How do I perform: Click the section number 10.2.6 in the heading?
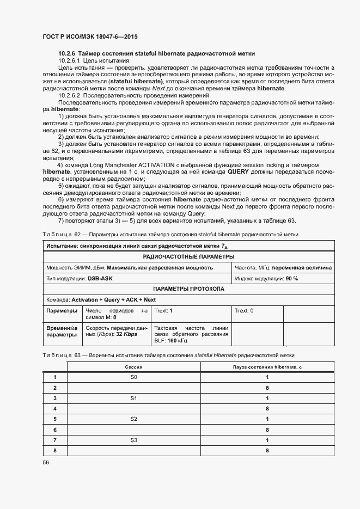[x=66, y=53]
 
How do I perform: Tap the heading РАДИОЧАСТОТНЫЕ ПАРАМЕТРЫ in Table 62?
[x=188, y=256]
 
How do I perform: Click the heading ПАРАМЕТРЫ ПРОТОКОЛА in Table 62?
[x=188, y=289]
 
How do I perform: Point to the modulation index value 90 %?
[x=292, y=278]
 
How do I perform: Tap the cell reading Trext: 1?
[x=163, y=310]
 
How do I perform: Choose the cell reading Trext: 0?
[x=243, y=310]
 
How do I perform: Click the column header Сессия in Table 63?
[x=133, y=367]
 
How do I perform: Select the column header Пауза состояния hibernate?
[x=267, y=367]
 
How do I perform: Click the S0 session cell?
[x=133, y=377]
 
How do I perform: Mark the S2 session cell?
[x=133, y=419]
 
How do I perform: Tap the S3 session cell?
[x=133, y=439]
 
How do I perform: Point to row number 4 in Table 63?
[x=54, y=408]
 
